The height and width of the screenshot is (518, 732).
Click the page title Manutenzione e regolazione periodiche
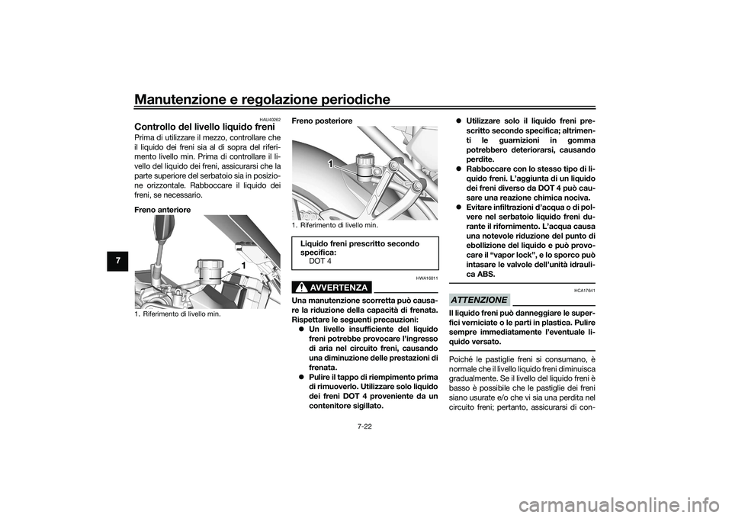point(262,100)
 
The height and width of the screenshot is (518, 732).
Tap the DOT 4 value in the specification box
point(320,261)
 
